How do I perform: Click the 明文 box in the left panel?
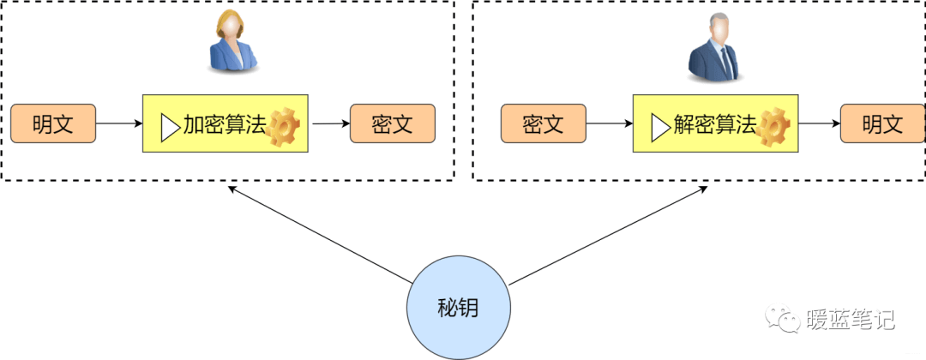(x=53, y=124)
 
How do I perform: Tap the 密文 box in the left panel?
(x=393, y=124)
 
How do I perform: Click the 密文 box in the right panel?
(x=543, y=124)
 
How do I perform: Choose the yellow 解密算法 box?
(x=715, y=124)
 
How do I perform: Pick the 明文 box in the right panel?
(x=882, y=124)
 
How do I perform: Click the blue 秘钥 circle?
(x=458, y=309)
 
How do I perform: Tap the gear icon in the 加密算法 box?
(x=283, y=127)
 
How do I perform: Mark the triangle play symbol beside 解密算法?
(x=659, y=127)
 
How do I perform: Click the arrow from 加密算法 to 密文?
(x=330, y=124)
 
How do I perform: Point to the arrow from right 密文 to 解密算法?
(x=609, y=124)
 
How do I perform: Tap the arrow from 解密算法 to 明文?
(x=818, y=124)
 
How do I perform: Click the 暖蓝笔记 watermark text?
(x=851, y=320)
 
